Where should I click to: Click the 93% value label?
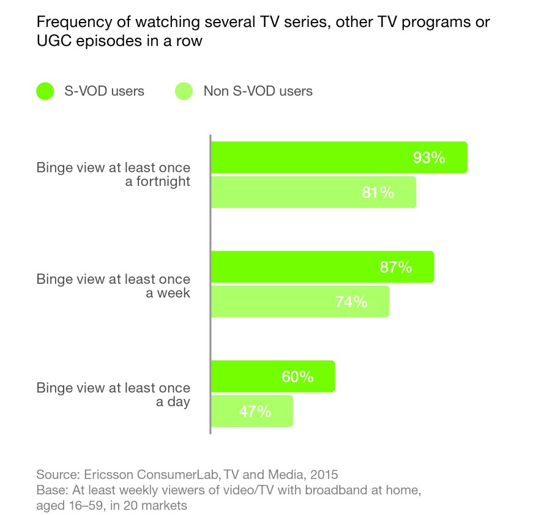(428, 157)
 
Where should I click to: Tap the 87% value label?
(395, 267)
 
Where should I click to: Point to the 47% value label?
(255, 411)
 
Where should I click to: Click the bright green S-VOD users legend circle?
(47, 91)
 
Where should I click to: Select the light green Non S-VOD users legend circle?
(185, 91)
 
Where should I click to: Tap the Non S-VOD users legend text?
(258, 91)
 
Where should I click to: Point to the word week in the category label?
(175, 292)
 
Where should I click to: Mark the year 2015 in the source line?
(324, 474)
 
